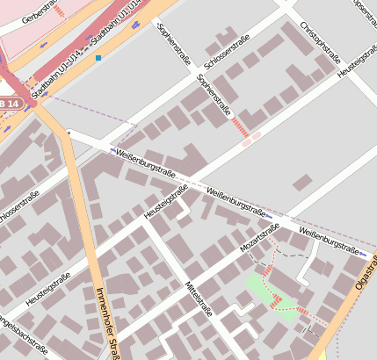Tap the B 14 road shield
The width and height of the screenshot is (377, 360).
[x=8, y=104]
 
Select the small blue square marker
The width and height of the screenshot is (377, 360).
[x=99, y=58]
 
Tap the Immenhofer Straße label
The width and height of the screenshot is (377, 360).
[x=107, y=321]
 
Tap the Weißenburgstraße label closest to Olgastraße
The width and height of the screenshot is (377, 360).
[x=329, y=239]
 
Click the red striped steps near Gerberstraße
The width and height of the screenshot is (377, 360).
[x=59, y=11]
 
